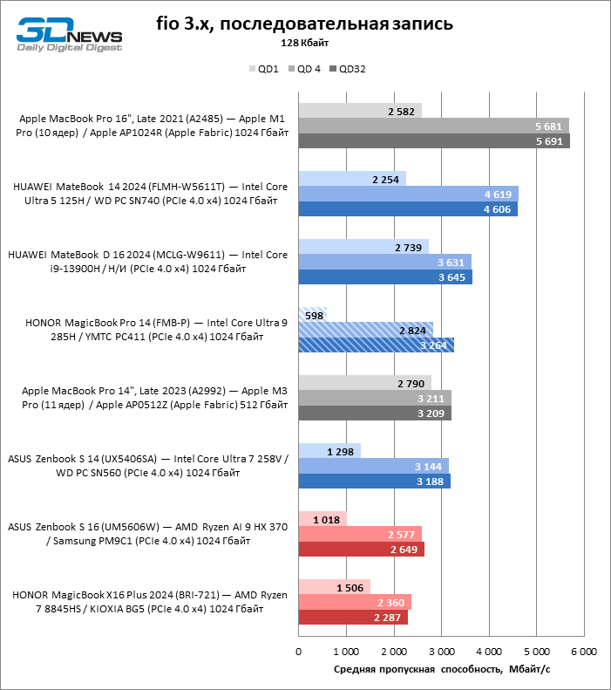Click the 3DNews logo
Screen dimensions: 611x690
point(69,35)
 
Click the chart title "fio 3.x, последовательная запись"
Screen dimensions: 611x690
point(304,24)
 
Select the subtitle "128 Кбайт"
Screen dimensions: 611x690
point(304,43)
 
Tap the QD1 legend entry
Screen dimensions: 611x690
point(264,69)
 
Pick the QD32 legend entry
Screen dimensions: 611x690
point(348,69)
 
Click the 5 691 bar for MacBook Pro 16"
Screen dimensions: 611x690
point(434,141)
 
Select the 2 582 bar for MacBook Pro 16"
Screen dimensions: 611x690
point(360,111)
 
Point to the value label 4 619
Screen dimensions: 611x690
point(498,195)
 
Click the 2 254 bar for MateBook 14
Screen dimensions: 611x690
point(352,179)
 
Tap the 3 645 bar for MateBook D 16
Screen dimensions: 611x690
point(385,277)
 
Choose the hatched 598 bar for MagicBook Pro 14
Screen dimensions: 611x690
point(313,315)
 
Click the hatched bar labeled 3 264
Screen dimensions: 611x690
point(377,345)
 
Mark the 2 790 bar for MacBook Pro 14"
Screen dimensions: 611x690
point(365,383)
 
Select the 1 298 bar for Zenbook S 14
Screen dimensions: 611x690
point(329,451)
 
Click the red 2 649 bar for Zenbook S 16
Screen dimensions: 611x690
point(362,550)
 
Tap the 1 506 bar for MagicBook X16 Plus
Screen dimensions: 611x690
point(335,587)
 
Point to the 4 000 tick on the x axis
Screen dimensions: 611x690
point(489,652)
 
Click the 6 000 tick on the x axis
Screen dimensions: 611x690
point(584,652)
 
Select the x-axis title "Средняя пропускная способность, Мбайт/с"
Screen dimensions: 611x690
point(442,669)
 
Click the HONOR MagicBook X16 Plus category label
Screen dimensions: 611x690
point(149,602)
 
